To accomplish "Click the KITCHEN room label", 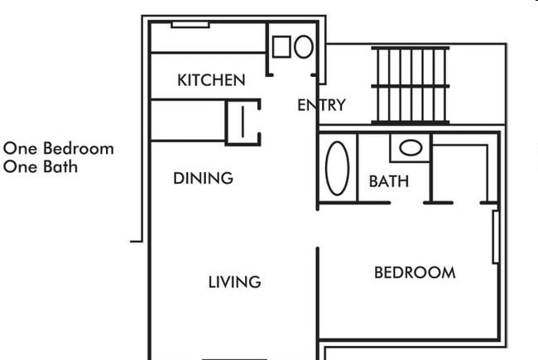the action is pyautogui.click(x=211, y=80).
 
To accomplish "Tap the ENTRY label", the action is pyautogui.click(x=321, y=105).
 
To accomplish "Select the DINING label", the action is pyautogui.click(x=203, y=179).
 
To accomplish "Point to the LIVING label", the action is pyautogui.click(x=235, y=282).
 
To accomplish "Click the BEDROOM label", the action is pyautogui.click(x=415, y=273).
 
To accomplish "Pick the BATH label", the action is pyautogui.click(x=389, y=181).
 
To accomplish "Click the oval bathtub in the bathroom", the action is pyautogui.click(x=337, y=168).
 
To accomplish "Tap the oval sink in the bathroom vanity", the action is pyautogui.click(x=411, y=148).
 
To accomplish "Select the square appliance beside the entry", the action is pyautogui.click(x=281, y=46).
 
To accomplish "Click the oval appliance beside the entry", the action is pyautogui.click(x=304, y=46).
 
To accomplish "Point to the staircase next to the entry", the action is pyautogui.click(x=411, y=85).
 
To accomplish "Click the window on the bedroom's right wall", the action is pyautogui.click(x=496, y=238).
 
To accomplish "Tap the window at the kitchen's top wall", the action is pyautogui.click(x=190, y=25).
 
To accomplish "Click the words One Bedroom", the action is pyautogui.click(x=58, y=149).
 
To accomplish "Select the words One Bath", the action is pyautogui.click(x=41, y=167).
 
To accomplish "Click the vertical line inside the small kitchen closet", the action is pyautogui.click(x=243, y=121).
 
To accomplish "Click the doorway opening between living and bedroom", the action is pyautogui.click(x=318, y=228).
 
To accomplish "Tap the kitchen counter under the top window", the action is pyautogui.click(x=209, y=38).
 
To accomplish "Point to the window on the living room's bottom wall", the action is pyautogui.click(x=234, y=359).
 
